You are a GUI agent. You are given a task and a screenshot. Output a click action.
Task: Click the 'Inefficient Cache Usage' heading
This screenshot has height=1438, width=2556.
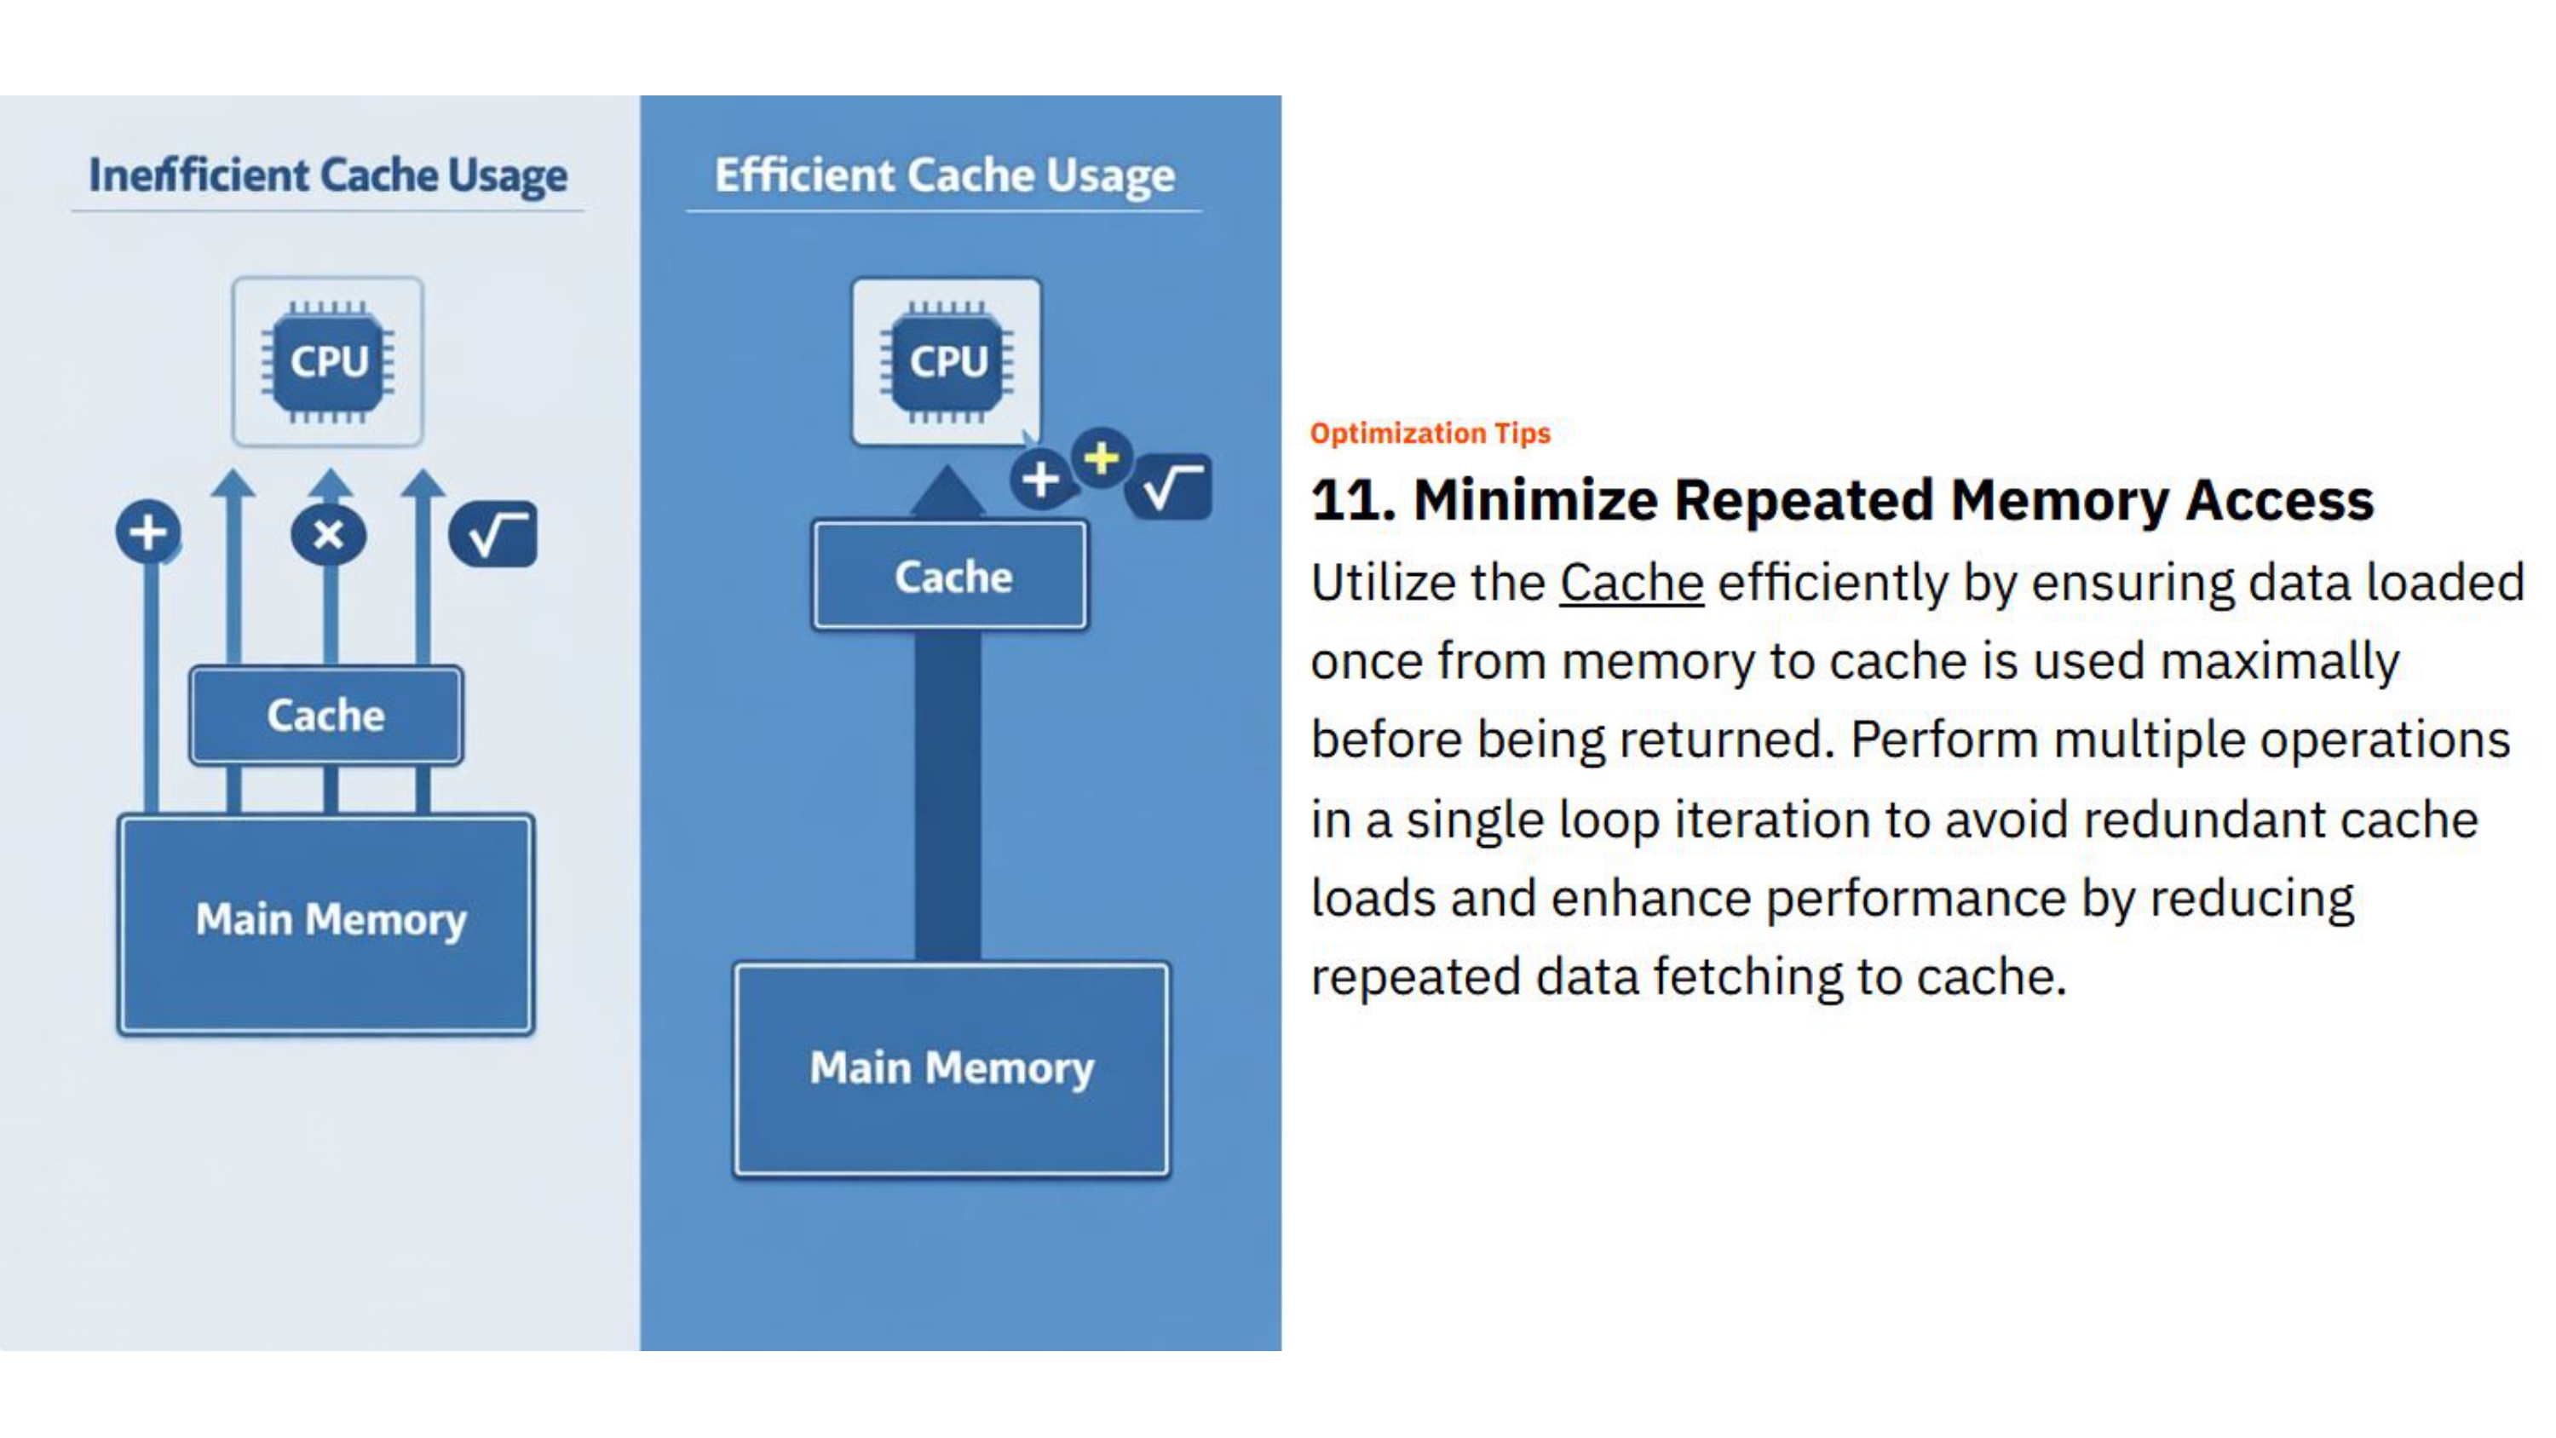point(327,175)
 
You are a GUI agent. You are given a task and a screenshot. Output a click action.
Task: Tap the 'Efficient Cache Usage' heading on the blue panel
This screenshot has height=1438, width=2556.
point(944,175)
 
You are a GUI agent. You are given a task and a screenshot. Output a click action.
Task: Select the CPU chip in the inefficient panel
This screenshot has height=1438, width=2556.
point(327,361)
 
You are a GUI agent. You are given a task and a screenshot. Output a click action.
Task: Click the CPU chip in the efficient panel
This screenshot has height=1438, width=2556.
point(947,361)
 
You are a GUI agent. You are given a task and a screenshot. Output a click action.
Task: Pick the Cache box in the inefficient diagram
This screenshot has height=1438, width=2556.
point(325,715)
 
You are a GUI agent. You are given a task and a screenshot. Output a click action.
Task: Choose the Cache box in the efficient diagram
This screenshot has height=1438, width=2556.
point(952,577)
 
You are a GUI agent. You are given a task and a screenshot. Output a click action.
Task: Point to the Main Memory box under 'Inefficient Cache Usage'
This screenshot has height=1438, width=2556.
point(326,923)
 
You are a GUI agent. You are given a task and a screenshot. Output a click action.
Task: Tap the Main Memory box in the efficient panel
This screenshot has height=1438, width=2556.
point(952,1069)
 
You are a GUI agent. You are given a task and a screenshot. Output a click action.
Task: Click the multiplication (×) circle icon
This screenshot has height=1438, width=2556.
point(328,535)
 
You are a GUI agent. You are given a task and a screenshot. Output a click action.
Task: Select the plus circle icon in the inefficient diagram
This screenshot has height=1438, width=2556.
point(148,532)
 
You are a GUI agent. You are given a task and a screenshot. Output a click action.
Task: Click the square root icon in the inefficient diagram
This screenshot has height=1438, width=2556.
point(493,535)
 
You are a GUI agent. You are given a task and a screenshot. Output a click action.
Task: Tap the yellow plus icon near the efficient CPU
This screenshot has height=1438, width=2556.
point(1102,458)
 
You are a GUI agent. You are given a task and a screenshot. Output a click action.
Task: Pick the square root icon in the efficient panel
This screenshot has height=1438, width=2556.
point(1170,487)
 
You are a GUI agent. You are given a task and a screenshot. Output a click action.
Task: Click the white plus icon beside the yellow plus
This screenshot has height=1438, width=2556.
point(1039,480)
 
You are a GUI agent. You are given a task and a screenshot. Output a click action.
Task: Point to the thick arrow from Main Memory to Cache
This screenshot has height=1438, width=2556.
point(947,794)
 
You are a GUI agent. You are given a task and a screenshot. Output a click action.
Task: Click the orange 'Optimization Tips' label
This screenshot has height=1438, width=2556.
point(1430,434)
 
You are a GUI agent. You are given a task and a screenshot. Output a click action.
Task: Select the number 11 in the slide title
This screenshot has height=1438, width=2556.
point(1352,500)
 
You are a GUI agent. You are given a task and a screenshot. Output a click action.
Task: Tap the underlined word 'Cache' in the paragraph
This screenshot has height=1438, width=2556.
point(1632,583)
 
